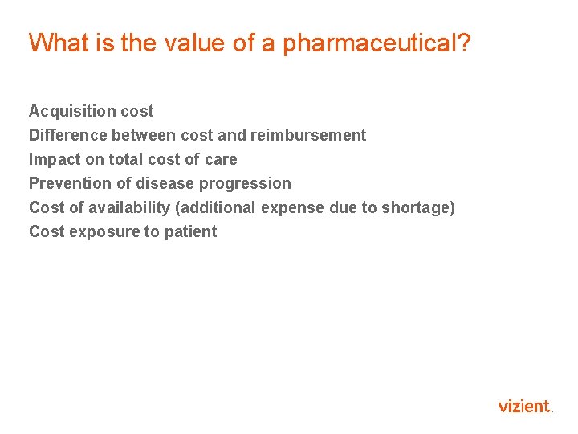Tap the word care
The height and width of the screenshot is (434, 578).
click(x=221, y=159)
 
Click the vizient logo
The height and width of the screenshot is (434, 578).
click(x=525, y=406)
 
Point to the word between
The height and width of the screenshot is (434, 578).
click(x=146, y=135)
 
